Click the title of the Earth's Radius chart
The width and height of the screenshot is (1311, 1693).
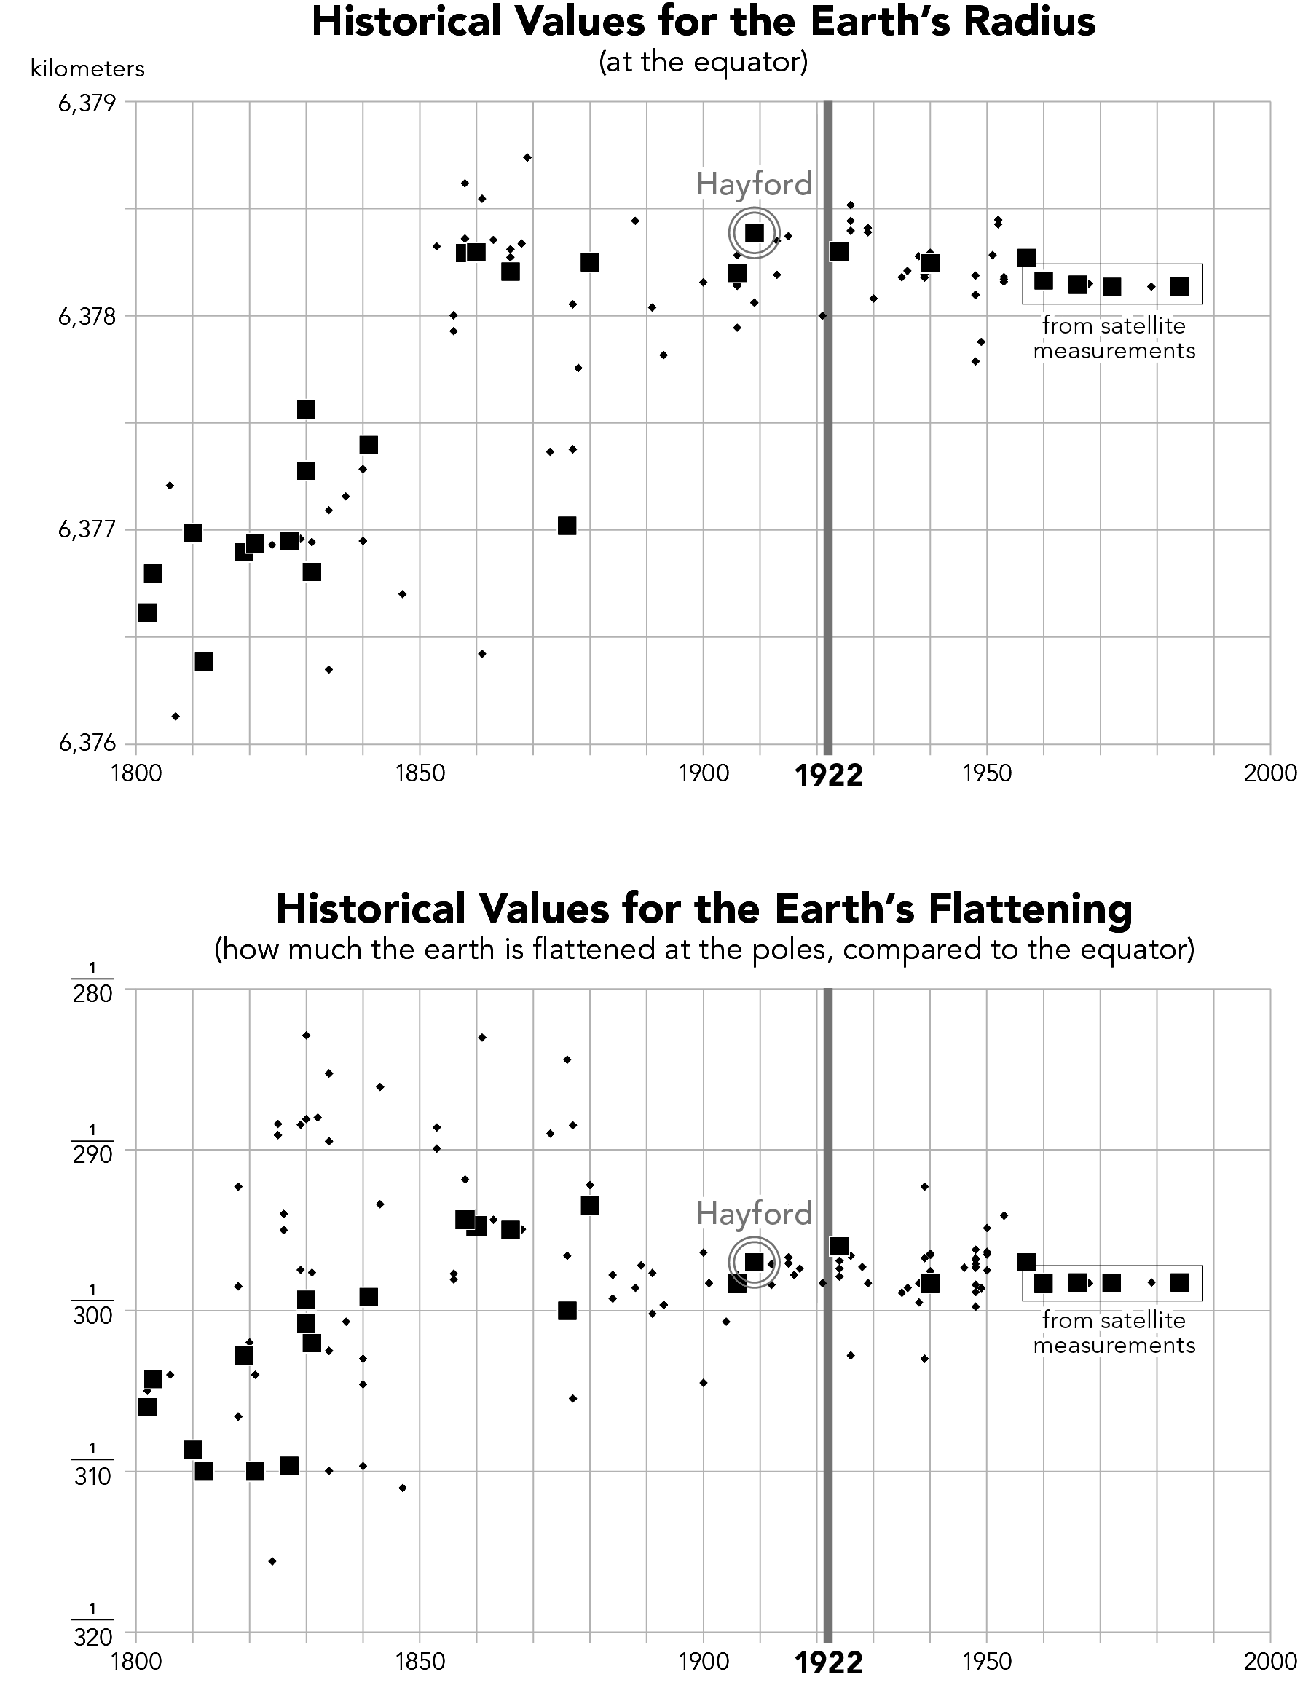coord(703,22)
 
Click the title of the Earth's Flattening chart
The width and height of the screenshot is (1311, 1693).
coord(703,909)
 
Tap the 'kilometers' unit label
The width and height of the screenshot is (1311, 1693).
coord(87,69)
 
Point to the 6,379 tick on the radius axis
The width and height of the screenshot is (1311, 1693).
coord(87,103)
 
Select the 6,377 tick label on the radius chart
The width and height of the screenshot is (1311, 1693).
coord(87,530)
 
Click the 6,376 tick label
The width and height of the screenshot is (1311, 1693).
coord(87,743)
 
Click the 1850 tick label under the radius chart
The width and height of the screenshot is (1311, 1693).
coord(420,773)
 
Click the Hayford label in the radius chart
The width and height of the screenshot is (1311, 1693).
coord(754,184)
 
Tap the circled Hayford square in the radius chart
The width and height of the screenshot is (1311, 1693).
coord(754,232)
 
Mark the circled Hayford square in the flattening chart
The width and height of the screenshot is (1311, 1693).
coord(754,1263)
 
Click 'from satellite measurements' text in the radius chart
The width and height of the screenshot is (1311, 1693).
coord(1114,338)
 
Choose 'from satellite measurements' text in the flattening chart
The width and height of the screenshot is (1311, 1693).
coord(1114,1333)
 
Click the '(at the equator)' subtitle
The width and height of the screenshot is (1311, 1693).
coord(703,62)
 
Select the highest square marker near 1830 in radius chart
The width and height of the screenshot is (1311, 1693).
coord(306,409)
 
